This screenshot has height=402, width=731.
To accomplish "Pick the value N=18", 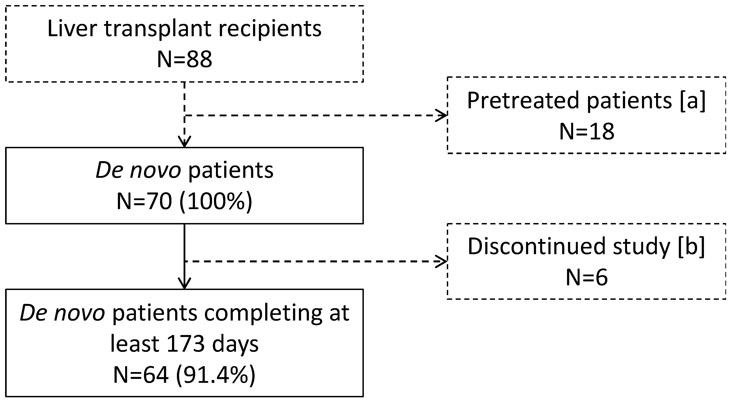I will [x=587, y=132].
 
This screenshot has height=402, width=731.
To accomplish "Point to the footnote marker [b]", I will [x=691, y=247].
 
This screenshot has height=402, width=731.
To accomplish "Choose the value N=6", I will [x=587, y=278].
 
